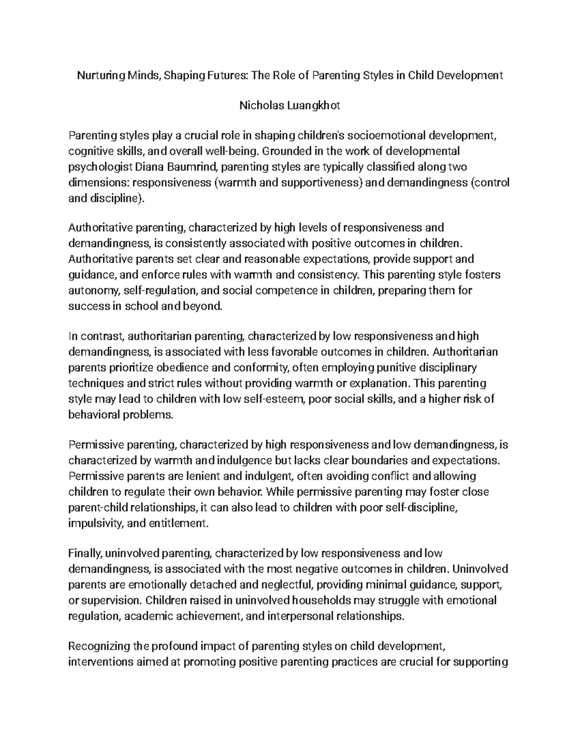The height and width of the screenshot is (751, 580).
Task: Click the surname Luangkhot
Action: [x=314, y=105]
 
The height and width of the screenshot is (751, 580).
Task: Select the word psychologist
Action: [x=94, y=167]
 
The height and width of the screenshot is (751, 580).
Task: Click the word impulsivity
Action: [x=94, y=523]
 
